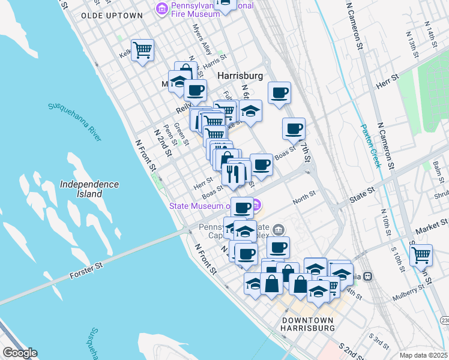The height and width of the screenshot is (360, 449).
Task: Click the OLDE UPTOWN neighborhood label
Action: point(112,16)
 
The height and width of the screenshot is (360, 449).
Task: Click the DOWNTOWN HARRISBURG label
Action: point(308,324)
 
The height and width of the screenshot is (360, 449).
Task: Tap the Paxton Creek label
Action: point(370,146)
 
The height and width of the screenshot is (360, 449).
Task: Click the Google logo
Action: point(20,353)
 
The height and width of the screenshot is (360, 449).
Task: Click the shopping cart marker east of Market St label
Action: point(421,254)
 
